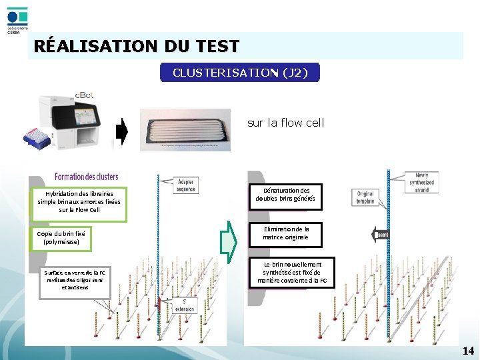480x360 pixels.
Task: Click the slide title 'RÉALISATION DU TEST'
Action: click(x=136, y=46)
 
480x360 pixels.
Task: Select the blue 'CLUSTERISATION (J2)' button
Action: click(x=240, y=72)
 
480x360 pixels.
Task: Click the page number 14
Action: click(x=468, y=351)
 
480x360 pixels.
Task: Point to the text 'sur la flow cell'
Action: click(x=285, y=123)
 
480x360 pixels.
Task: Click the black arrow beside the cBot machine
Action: click(x=121, y=131)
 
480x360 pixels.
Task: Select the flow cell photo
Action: click(x=185, y=129)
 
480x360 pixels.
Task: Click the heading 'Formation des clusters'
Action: click(x=86, y=177)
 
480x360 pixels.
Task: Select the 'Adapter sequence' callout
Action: click(x=186, y=185)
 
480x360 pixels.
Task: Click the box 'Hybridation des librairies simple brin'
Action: click(x=79, y=201)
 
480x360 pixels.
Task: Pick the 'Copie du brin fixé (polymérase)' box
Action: click(x=61, y=238)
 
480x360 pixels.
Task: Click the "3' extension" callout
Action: click(x=189, y=306)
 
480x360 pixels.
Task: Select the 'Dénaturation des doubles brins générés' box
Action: click(x=287, y=195)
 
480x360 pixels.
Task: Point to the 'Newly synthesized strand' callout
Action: click(x=421, y=183)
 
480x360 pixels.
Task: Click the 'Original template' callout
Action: click(x=365, y=197)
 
